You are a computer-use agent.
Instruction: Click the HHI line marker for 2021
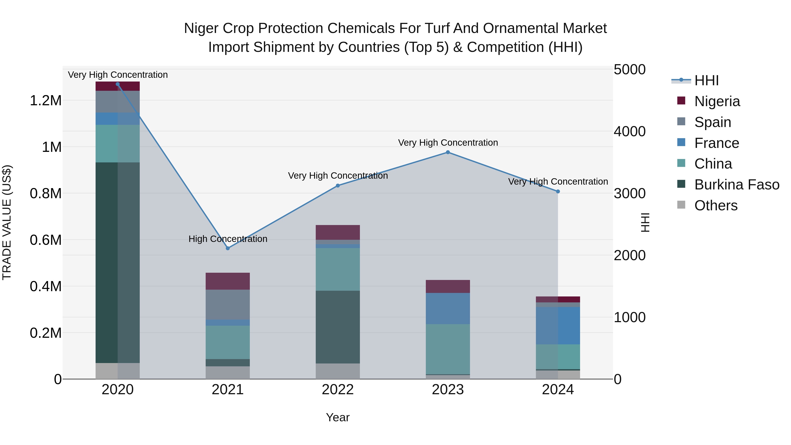pyautogui.click(x=228, y=248)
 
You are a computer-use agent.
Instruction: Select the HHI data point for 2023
pyautogui.click(x=448, y=152)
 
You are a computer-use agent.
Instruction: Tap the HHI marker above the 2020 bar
pyautogui.click(x=118, y=84)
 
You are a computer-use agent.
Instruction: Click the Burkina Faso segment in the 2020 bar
pyautogui.click(x=118, y=263)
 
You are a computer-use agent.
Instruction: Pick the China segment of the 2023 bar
pyautogui.click(x=448, y=349)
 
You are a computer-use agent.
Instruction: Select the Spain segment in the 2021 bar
pyautogui.click(x=228, y=304)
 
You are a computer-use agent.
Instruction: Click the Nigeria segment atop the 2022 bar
pyautogui.click(x=338, y=232)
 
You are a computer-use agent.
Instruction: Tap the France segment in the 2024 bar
pyautogui.click(x=558, y=325)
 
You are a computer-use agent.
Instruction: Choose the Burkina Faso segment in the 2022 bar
pyautogui.click(x=338, y=327)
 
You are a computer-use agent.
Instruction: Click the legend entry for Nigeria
pyautogui.click(x=717, y=101)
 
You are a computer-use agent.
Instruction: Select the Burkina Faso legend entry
pyautogui.click(x=736, y=185)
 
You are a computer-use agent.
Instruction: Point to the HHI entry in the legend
pyautogui.click(x=706, y=80)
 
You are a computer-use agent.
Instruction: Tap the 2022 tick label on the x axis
pyautogui.click(x=338, y=390)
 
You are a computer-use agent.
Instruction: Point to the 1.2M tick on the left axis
pyautogui.click(x=45, y=100)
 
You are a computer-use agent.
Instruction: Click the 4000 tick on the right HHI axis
pyautogui.click(x=630, y=131)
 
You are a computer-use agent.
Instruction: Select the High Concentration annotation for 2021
pyautogui.click(x=228, y=239)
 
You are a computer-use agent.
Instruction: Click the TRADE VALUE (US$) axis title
pyautogui.click(x=7, y=222)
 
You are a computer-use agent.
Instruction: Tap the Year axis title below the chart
pyautogui.click(x=338, y=417)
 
